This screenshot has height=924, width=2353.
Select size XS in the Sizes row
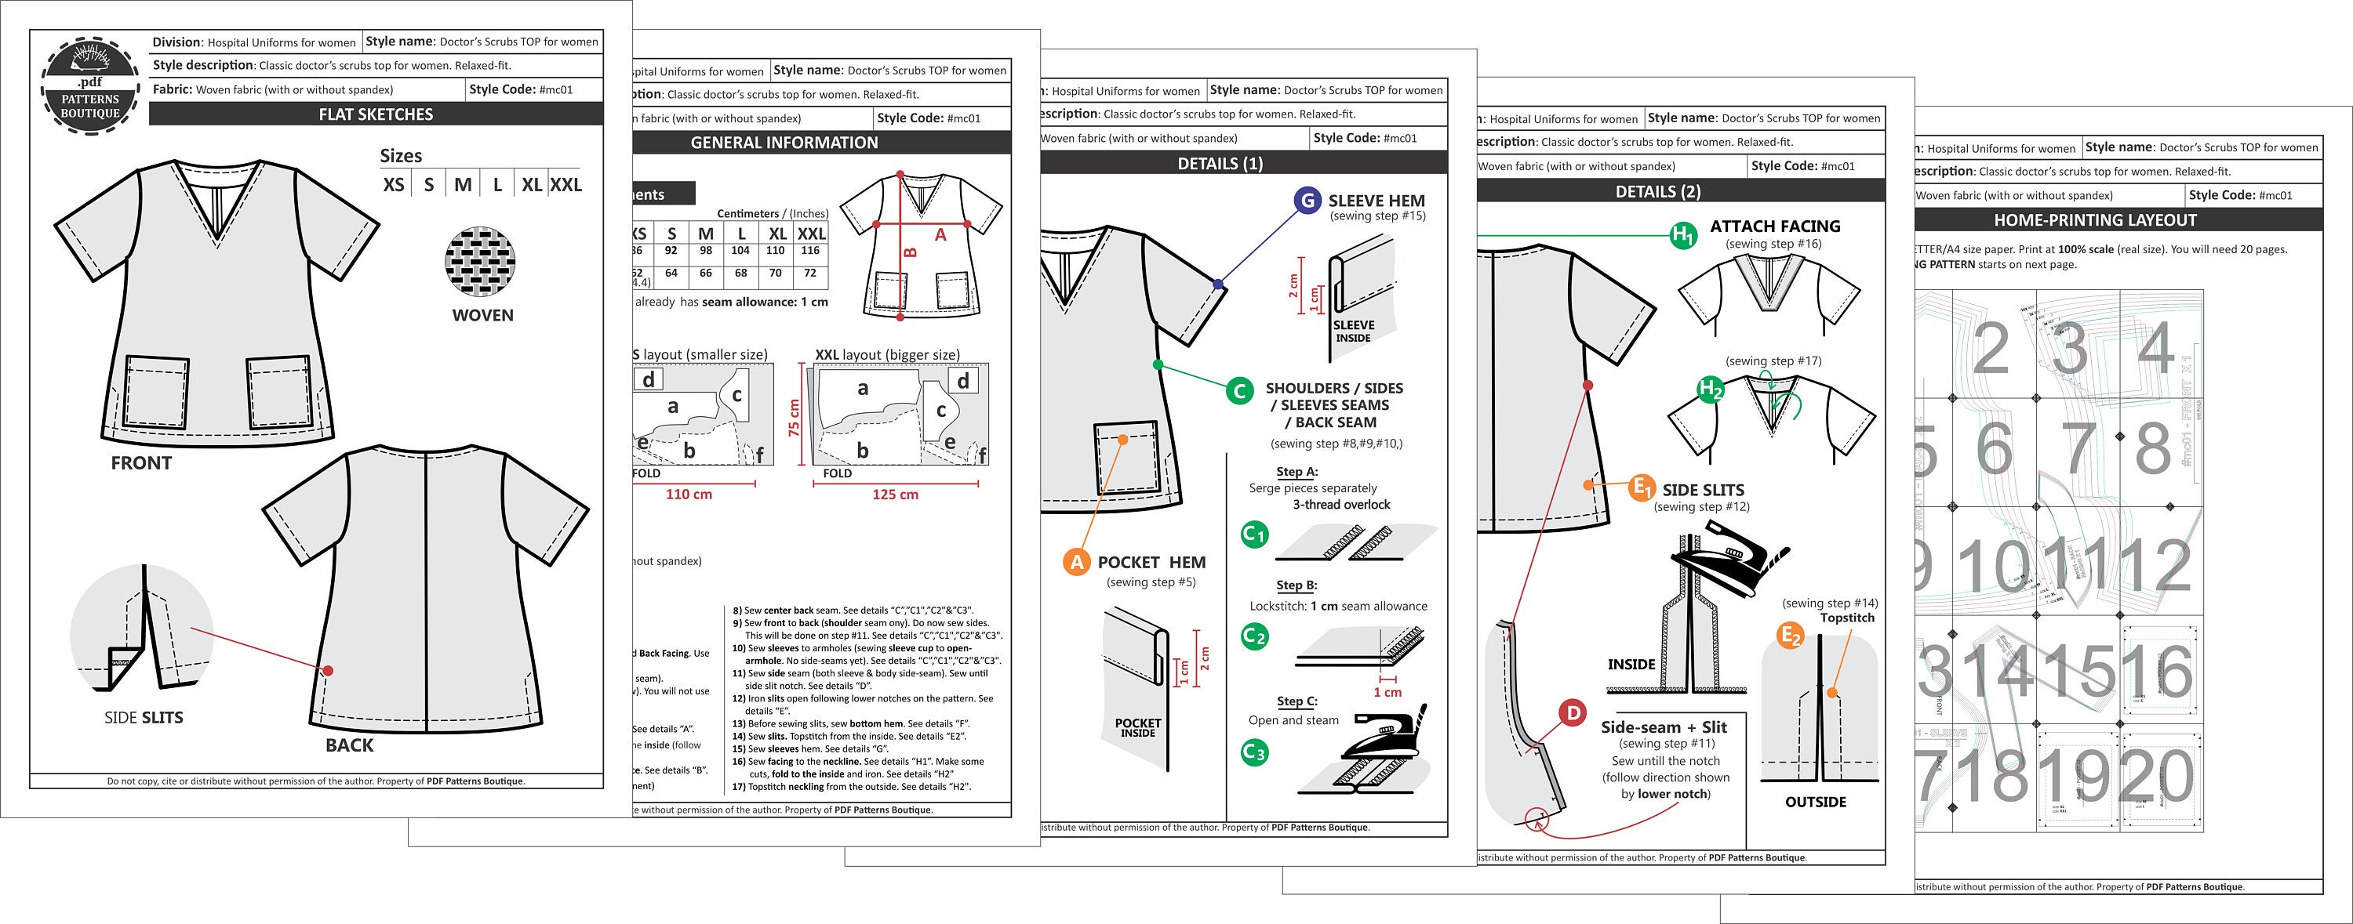tap(394, 184)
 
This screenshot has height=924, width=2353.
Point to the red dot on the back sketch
tap(328, 671)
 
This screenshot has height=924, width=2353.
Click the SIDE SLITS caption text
tap(144, 718)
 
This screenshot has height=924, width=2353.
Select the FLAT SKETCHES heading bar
tap(376, 114)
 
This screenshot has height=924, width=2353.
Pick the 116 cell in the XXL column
tap(810, 250)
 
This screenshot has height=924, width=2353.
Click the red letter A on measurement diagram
tap(940, 234)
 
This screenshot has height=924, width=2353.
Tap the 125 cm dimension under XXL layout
tap(894, 495)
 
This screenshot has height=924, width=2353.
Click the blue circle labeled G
tap(1307, 201)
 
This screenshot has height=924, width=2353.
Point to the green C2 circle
tap(1255, 636)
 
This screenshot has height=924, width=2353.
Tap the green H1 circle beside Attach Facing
tap(1682, 236)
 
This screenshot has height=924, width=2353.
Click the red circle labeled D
tap(1572, 712)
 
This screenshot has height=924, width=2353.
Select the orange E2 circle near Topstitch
tap(1791, 636)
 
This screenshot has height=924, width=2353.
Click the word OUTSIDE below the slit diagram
tap(1815, 802)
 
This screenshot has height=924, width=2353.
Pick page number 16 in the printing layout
tap(2159, 671)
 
